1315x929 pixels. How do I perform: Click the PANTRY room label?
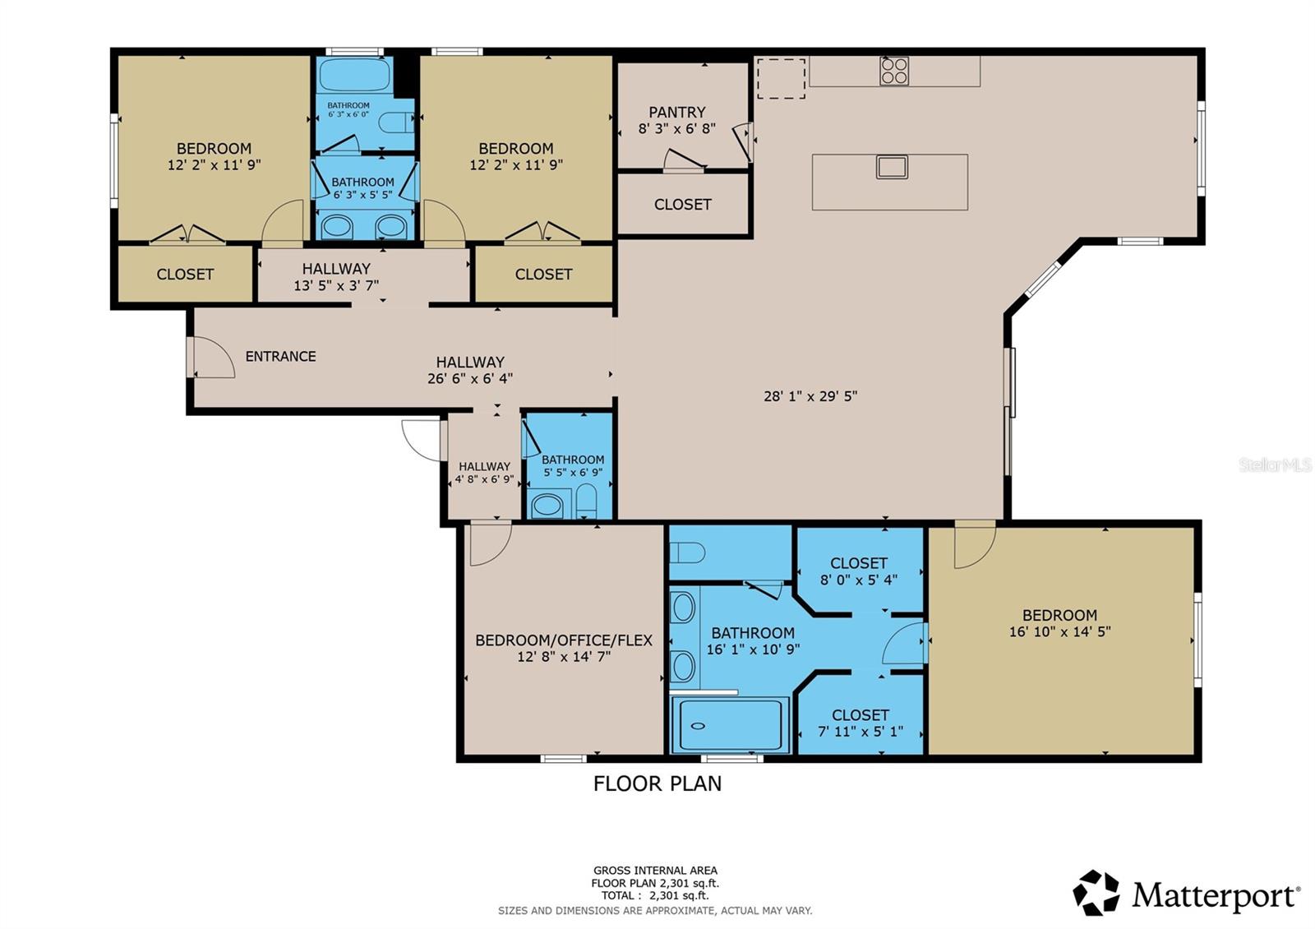click(x=676, y=112)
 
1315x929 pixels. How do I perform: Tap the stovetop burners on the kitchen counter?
click(x=894, y=71)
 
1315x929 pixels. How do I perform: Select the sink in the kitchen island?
click(x=892, y=167)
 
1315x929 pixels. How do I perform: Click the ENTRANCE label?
click(x=280, y=356)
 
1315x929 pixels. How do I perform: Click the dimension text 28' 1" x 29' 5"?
click(x=810, y=395)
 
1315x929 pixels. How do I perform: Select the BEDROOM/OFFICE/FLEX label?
click(x=564, y=640)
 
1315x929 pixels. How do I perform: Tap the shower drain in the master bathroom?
click(x=698, y=726)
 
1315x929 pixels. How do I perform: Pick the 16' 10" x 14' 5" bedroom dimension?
click(x=1059, y=631)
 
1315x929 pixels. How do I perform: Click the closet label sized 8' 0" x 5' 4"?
click(x=858, y=563)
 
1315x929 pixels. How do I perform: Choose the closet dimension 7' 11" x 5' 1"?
click(x=860, y=731)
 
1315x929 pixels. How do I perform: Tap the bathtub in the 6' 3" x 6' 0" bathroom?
click(x=354, y=75)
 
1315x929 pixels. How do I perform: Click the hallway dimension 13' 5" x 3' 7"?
click(x=336, y=285)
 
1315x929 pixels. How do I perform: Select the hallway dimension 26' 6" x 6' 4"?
click(x=470, y=378)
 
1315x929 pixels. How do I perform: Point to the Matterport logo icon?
click(x=1096, y=893)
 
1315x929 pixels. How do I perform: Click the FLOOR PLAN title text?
click(x=657, y=783)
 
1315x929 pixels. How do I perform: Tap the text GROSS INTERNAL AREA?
click(x=655, y=870)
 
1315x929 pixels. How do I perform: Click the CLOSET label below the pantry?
click(x=682, y=204)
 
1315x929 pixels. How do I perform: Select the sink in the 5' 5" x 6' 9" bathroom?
click(x=547, y=505)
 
